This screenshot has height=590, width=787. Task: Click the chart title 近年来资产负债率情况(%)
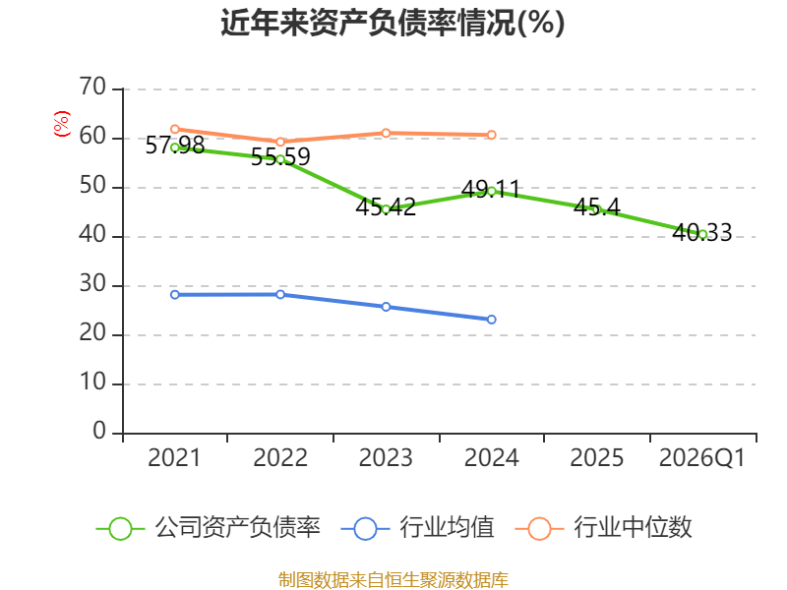[393, 23]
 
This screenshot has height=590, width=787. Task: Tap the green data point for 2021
[175, 147]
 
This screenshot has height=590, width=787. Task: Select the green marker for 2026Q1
[702, 234]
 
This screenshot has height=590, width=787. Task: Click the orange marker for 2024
[491, 135]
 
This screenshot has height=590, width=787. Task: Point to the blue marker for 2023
[386, 307]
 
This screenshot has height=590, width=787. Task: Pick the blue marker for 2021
[175, 294]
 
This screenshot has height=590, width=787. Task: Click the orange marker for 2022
[280, 142]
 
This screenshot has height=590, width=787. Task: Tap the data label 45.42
[386, 206]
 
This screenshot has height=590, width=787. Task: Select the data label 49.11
[490, 189]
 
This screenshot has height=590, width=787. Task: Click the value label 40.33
[702, 232]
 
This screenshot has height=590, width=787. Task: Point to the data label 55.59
[280, 157]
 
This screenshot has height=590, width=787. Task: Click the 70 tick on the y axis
[92, 87]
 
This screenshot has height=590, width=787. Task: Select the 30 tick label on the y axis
[92, 284]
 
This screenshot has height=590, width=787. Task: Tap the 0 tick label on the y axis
[99, 432]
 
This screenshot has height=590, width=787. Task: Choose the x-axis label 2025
[597, 457]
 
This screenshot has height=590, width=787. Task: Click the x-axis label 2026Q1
[702, 457]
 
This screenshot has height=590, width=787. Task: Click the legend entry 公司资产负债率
[209, 528]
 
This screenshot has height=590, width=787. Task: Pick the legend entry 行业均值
[417, 528]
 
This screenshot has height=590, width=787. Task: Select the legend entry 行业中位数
[604, 528]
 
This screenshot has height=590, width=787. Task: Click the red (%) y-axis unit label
[62, 124]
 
